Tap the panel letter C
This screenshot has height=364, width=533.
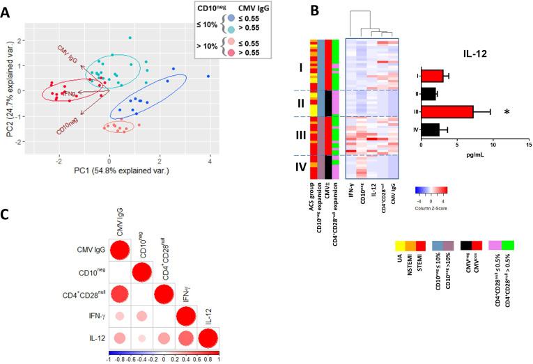click(8, 216)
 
